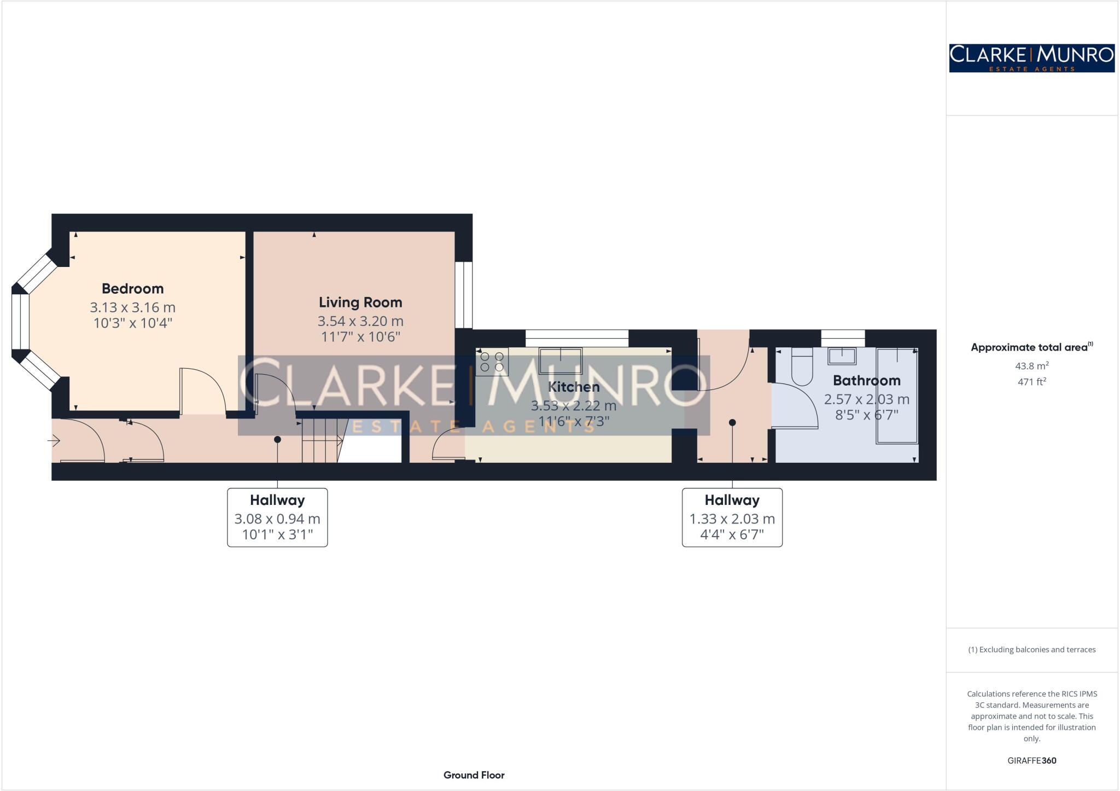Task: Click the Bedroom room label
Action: point(132,288)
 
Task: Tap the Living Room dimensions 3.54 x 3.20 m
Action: point(360,321)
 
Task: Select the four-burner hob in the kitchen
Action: point(492,362)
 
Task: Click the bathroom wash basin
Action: point(842,357)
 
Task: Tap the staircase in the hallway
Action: point(323,440)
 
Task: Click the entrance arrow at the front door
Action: point(54,440)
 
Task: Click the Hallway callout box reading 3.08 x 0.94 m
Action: point(277,517)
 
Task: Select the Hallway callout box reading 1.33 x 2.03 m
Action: point(732,517)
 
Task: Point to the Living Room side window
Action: point(464,295)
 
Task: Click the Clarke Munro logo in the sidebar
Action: point(1031,58)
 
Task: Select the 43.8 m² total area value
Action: point(1031,366)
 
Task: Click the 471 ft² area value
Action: point(1031,382)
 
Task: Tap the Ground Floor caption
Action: point(474,775)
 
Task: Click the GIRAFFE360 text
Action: point(1031,760)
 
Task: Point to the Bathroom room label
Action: point(866,380)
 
